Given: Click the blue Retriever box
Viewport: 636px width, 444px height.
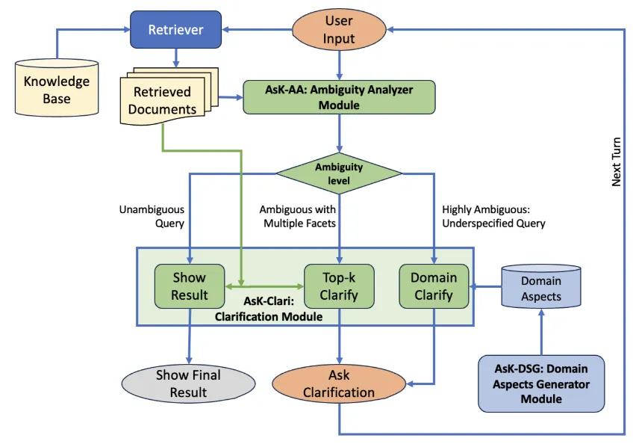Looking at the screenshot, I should (176, 30).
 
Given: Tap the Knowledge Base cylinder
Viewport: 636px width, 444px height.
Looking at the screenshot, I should (57, 89).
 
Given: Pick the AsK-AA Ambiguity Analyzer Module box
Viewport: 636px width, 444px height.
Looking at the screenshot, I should (339, 97).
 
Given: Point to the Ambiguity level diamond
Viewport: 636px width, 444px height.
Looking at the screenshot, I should (339, 173).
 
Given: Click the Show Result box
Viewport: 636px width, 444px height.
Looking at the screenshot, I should (190, 286).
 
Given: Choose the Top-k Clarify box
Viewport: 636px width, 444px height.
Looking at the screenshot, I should (340, 286).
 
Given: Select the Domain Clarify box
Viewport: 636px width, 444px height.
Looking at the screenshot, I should (434, 286).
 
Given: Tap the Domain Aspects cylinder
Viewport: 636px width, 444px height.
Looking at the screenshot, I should (541, 287).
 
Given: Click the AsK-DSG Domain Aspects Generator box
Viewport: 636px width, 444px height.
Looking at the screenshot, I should (541, 383).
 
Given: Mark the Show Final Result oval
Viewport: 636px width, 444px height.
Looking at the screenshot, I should (188, 383).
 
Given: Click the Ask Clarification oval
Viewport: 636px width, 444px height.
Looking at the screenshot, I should (340, 383).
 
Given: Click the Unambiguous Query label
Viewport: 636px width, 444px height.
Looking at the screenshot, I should (152, 217).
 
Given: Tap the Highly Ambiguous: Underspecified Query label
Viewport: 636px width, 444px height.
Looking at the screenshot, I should (493, 217).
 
